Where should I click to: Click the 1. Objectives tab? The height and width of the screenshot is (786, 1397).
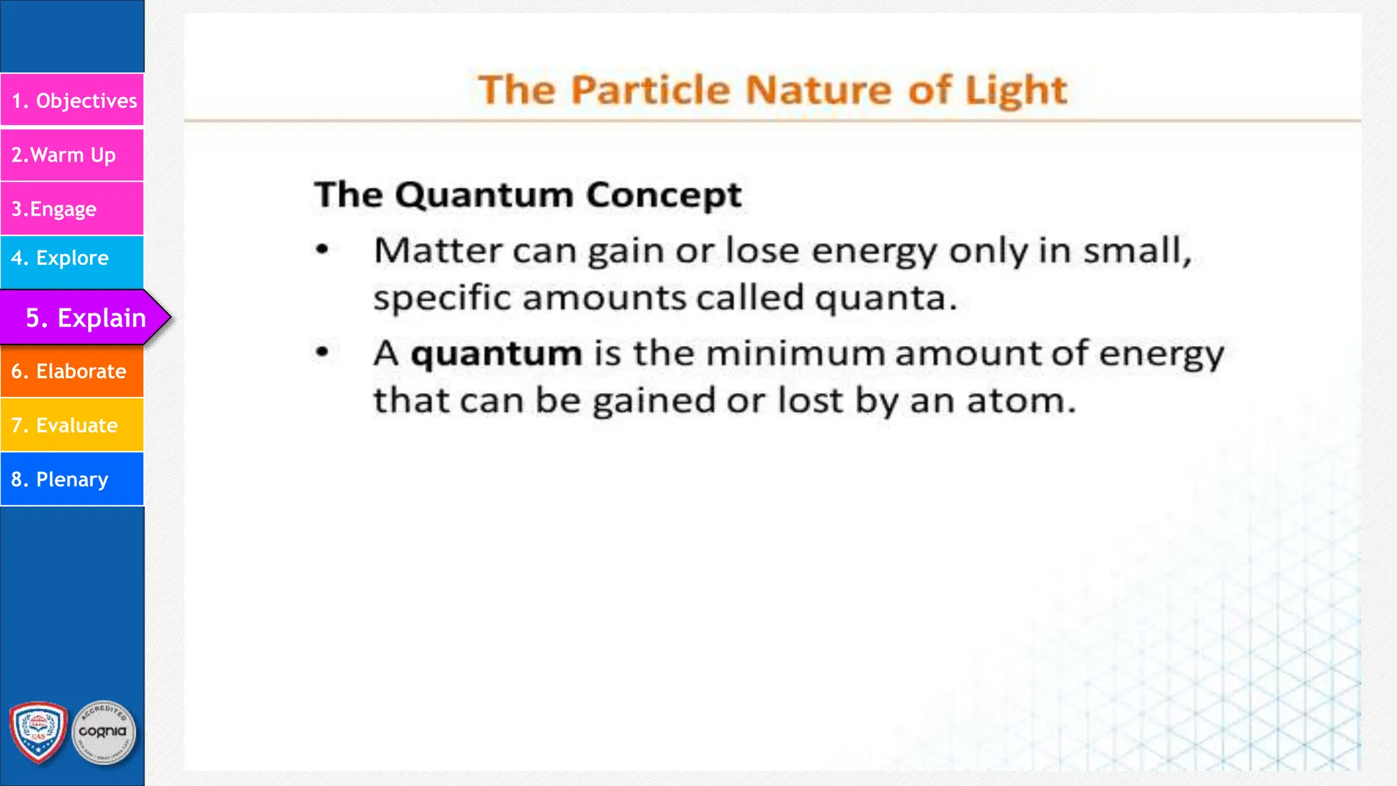(x=72, y=100)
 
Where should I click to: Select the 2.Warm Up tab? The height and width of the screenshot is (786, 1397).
(x=72, y=155)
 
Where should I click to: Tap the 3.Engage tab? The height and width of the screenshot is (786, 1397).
(x=72, y=209)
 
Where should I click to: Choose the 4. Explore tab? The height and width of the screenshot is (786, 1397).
(x=72, y=258)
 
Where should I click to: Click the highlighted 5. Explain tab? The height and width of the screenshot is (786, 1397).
(x=85, y=317)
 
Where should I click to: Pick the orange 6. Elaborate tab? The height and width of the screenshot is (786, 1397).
(x=72, y=371)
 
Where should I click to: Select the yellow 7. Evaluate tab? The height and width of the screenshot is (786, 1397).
(x=72, y=425)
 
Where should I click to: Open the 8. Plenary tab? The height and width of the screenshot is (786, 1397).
(x=72, y=479)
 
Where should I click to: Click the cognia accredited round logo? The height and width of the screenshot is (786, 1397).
(x=103, y=732)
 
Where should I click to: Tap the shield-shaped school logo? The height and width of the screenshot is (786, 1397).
(x=38, y=732)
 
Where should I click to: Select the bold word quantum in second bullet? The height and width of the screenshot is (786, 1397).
(x=496, y=354)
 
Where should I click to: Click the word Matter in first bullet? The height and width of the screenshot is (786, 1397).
(x=437, y=250)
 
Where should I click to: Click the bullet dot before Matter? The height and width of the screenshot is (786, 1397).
(x=323, y=250)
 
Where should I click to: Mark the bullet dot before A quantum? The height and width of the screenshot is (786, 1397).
(x=323, y=353)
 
